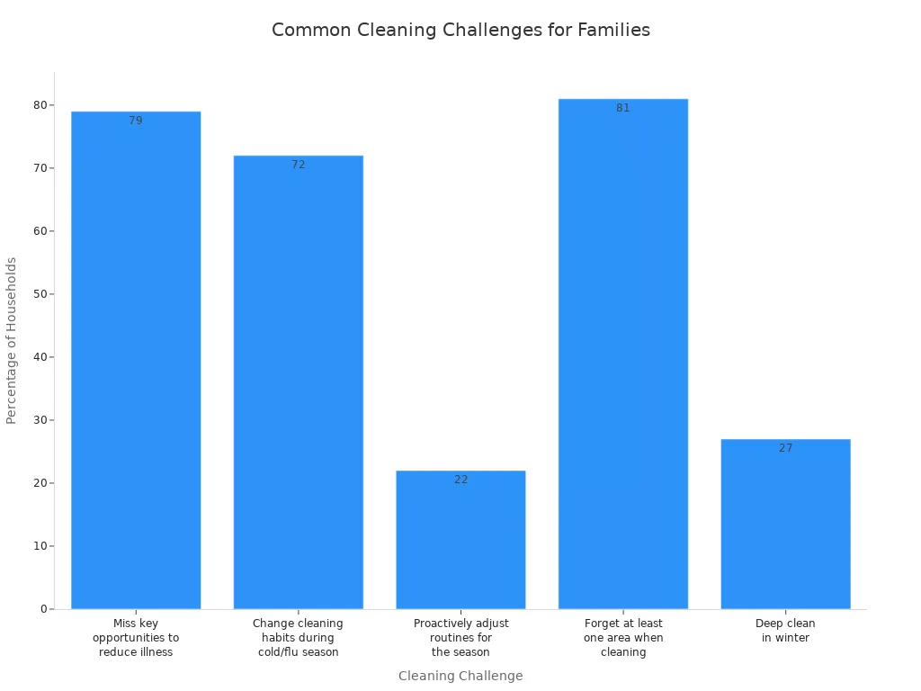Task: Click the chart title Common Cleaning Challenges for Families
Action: (460, 30)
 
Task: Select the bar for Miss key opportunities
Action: (136, 360)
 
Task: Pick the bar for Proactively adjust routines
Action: (460, 540)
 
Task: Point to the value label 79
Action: (136, 121)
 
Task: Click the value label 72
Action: (298, 165)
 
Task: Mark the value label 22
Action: (460, 480)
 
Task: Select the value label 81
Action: (623, 108)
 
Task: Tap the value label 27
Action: (785, 448)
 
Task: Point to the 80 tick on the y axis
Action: (40, 105)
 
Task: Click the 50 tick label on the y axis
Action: (40, 294)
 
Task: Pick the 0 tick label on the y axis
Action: (42, 609)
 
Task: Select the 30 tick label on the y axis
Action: (40, 420)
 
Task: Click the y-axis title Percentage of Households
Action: (12, 340)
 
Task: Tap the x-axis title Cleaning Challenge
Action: (460, 676)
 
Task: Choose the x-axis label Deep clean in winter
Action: (785, 631)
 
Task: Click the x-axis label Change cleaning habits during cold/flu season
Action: (298, 638)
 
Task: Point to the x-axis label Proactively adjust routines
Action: (460, 638)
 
